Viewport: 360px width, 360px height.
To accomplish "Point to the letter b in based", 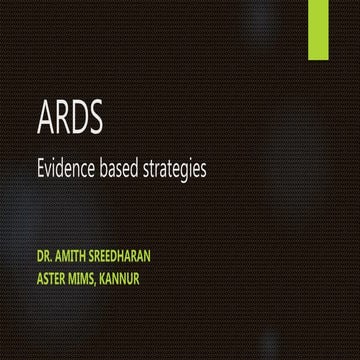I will point(106,168).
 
